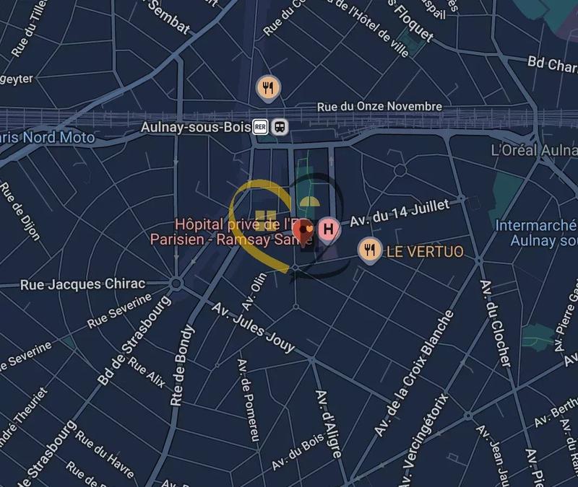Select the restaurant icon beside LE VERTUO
tap(370, 250)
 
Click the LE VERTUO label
tap(425, 252)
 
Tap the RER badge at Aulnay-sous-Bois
tap(261, 127)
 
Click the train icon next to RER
tap(280, 127)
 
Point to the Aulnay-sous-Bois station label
tap(194, 127)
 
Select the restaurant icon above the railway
tap(268, 88)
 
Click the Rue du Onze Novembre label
tap(379, 107)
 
